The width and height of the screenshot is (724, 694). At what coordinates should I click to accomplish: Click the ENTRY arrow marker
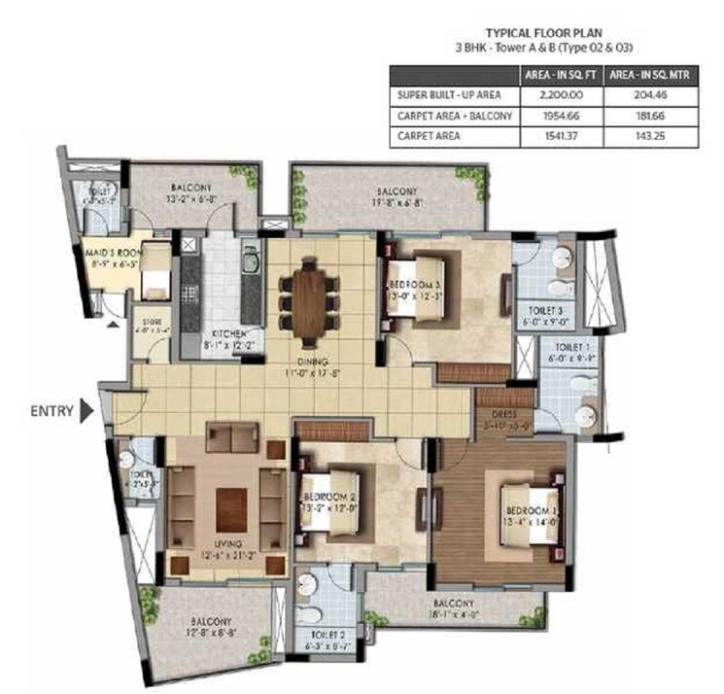click(88, 410)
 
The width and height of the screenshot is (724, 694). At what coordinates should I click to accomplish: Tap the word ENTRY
click(52, 410)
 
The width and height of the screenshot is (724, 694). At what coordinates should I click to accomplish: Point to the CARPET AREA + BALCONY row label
click(451, 116)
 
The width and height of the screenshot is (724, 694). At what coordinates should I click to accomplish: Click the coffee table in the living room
click(231, 503)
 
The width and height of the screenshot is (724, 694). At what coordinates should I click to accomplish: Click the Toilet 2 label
click(323, 636)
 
